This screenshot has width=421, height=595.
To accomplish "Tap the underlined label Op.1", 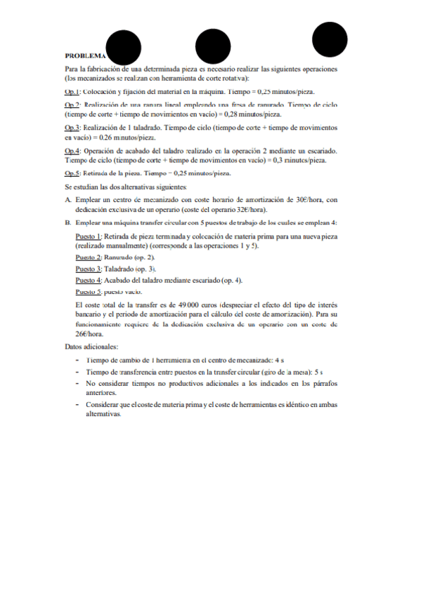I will (72, 92).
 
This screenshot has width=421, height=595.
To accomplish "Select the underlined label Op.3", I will (72, 128).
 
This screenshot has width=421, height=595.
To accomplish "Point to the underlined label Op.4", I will (72, 151).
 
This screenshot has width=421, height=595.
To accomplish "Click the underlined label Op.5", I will (72, 173).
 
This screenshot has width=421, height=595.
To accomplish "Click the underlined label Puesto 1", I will (89, 237).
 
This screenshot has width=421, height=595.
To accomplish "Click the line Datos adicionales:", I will (91, 347).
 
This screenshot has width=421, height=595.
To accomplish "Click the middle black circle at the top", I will (214, 47).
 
